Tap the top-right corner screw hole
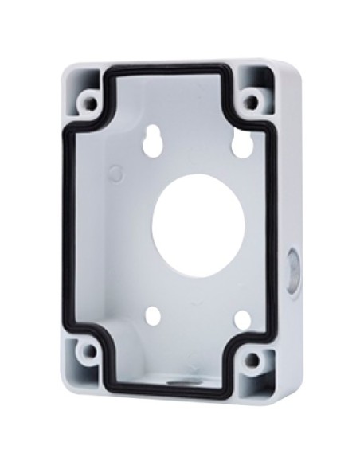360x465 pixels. point(252,101)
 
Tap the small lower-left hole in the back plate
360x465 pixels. point(155,316)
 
